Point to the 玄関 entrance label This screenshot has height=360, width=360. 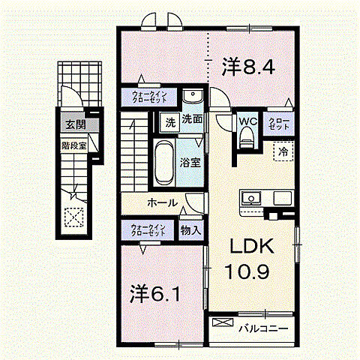click(x=70, y=125)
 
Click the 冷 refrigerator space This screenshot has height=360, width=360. click(x=283, y=152)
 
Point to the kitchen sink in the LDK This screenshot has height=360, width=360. click(x=250, y=199)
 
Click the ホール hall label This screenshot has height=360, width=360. click(x=163, y=202)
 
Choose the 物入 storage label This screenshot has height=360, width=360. click(x=190, y=231)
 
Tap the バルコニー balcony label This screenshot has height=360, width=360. click(x=262, y=328)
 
